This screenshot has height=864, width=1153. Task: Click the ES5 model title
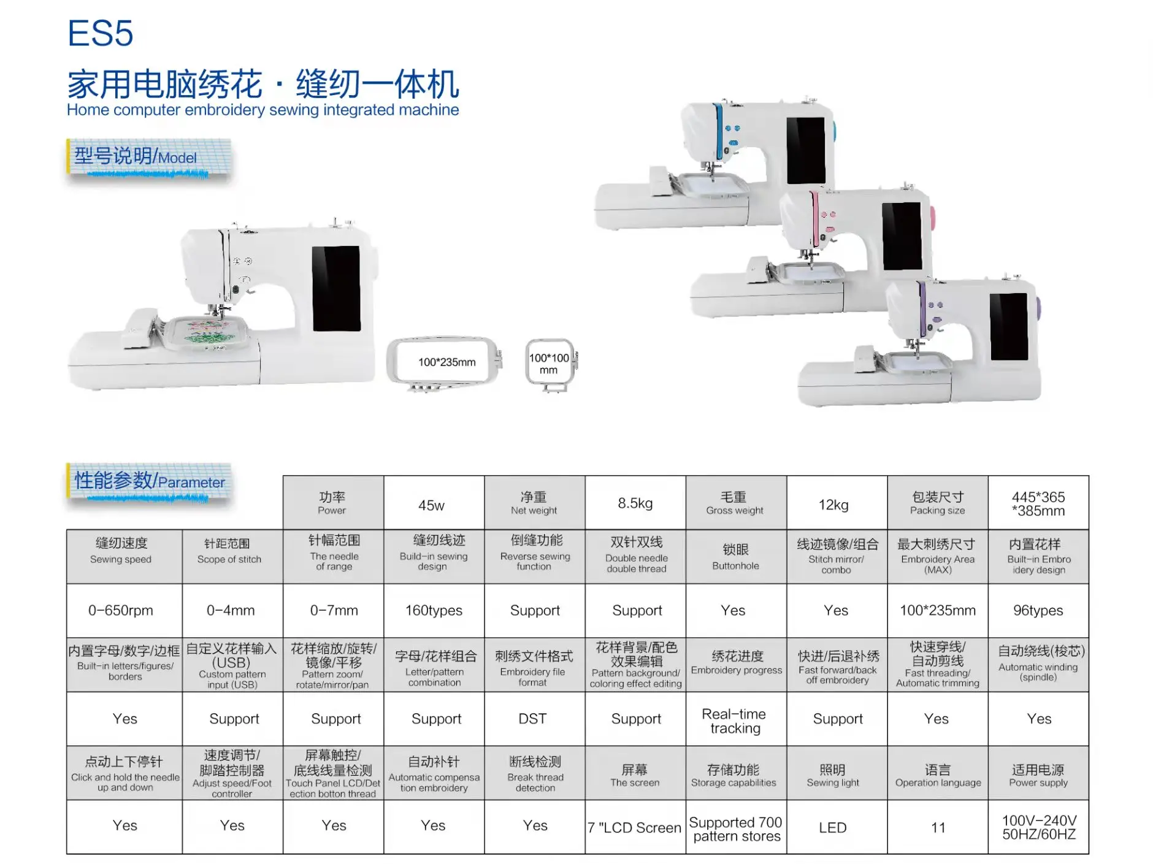pyautogui.click(x=100, y=33)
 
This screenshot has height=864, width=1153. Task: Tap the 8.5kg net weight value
pyautogui.click(x=635, y=503)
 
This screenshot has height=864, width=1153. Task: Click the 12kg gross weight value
pyautogui.click(x=833, y=505)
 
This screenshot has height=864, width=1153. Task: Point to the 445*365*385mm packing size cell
pyautogui.click(x=1038, y=503)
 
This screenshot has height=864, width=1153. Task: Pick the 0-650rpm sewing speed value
pyautogui.click(x=121, y=610)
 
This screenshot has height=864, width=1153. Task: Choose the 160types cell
pyautogui.click(x=434, y=610)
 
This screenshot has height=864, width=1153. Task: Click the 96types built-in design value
pyautogui.click(x=1038, y=610)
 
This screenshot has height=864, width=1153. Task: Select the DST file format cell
pyautogui.click(x=532, y=719)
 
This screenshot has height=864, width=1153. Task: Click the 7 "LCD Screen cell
pyautogui.click(x=634, y=827)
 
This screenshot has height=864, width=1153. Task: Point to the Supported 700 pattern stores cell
pyautogui.click(x=735, y=828)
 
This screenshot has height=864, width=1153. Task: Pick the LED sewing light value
pyautogui.click(x=832, y=827)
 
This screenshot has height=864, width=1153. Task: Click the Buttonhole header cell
pyautogui.click(x=735, y=556)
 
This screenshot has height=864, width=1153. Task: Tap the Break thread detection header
pyautogui.click(x=535, y=773)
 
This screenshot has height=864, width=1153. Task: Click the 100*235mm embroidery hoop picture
pyautogui.click(x=445, y=362)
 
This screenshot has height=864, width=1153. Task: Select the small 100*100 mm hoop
pyautogui.click(x=550, y=363)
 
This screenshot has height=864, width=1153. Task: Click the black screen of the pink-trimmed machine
pyautogui.click(x=902, y=236)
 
